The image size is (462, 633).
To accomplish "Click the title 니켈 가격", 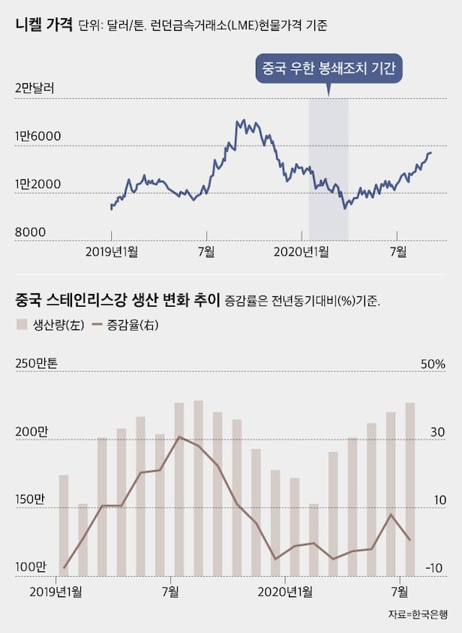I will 43,25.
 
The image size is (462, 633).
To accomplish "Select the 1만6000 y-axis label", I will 37,137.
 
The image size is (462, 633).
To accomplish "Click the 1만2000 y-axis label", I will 37,184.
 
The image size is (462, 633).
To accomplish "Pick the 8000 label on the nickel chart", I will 29,232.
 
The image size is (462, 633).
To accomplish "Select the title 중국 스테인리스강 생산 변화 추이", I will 117,301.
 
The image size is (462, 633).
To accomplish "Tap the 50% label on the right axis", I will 433,364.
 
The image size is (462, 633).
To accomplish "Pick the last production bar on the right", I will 409,489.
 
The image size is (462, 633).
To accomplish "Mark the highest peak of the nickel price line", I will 238,120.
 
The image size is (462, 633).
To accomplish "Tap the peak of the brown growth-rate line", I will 178,436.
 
